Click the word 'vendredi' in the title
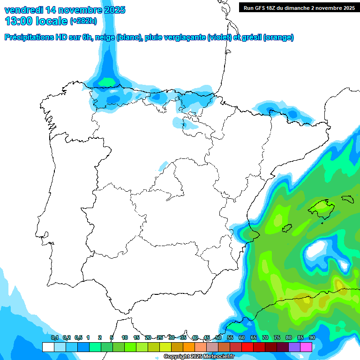[22, 10]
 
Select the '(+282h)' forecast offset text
[83, 21]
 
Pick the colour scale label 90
[312, 337]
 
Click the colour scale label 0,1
[54, 337]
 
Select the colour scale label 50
[218, 337]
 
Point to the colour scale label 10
[125, 337]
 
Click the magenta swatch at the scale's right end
[306, 347]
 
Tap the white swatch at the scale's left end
[48, 347]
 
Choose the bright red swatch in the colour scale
[247, 347]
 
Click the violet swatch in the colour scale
[294, 347]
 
